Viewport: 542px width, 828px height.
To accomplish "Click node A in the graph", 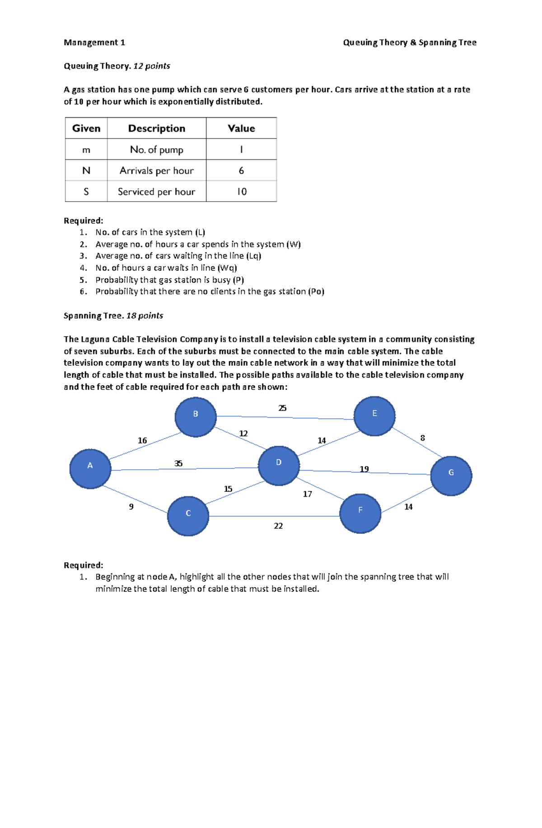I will pyautogui.click(x=90, y=469).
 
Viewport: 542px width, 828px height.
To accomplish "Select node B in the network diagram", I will pyautogui.click(x=196, y=417).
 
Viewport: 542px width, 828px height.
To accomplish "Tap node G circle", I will pyautogui.click(x=451, y=476).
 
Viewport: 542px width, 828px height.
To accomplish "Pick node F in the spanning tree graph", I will pyautogui.click(x=360, y=513).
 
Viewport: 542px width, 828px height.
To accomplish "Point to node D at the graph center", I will pyautogui.click(x=279, y=466).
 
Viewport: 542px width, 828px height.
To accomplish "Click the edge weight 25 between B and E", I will pyautogui.click(x=282, y=408).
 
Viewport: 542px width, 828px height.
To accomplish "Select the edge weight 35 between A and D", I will pyautogui.click(x=178, y=463).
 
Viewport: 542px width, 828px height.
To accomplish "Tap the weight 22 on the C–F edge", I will pyautogui.click(x=278, y=526).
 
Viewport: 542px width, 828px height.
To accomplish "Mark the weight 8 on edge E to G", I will pyautogui.click(x=423, y=438).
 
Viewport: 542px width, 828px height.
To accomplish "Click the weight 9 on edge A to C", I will pyautogui.click(x=131, y=507).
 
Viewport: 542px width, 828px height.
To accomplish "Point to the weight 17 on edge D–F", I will pyautogui.click(x=308, y=494).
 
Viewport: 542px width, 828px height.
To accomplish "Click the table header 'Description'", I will pyautogui.click(x=157, y=128).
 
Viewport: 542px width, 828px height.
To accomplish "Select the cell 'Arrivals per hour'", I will pyautogui.click(x=157, y=171).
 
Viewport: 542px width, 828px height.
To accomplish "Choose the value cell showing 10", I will pyautogui.click(x=242, y=192).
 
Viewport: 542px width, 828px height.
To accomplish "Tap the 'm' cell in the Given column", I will pyautogui.click(x=86, y=150).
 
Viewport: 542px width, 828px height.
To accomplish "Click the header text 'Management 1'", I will pyautogui.click(x=94, y=42).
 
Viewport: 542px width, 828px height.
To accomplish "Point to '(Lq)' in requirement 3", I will pyautogui.click(x=254, y=256).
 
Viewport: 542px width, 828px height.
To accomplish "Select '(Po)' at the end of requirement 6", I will pyautogui.click(x=316, y=291).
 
